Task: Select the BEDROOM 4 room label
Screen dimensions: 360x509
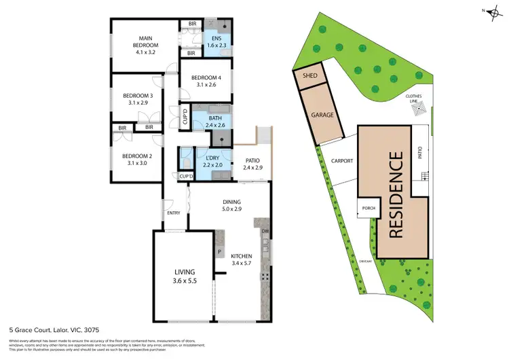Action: click(x=205, y=81)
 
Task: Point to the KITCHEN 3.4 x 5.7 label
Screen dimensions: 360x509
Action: click(x=242, y=258)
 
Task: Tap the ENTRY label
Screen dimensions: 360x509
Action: click(x=173, y=213)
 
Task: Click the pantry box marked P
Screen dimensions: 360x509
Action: click(x=220, y=251)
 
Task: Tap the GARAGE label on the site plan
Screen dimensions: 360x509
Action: click(x=322, y=115)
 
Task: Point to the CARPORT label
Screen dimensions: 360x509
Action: click(x=341, y=161)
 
